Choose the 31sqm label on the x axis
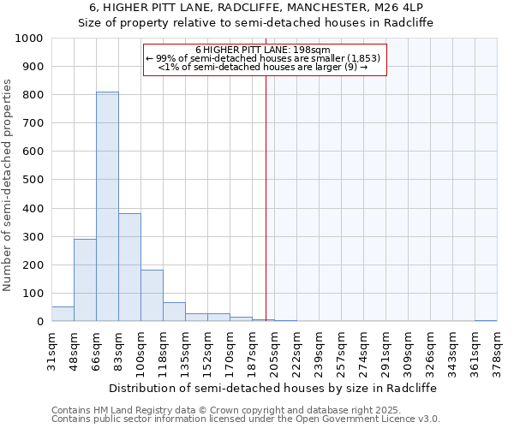tap(51, 349)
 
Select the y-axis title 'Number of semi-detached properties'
tap(9, 185)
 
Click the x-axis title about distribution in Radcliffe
tap(273, 388)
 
